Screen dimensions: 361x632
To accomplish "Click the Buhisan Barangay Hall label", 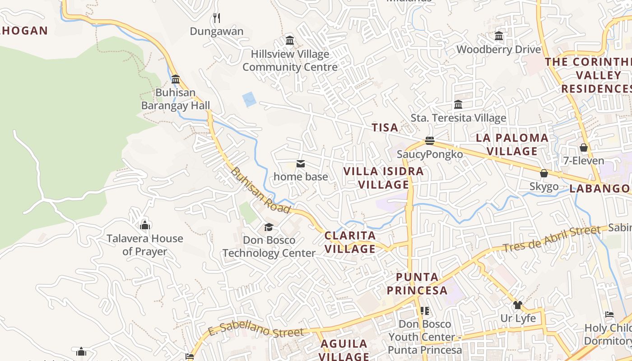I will click(x=176, y=99).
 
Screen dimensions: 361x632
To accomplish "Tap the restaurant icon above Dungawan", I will click(x=217, y=18).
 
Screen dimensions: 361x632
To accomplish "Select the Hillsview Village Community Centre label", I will click(x=290, y=60).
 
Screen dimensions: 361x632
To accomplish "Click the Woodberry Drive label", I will click(x=498, y=49).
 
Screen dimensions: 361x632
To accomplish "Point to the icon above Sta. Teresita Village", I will click(x=458, y=105).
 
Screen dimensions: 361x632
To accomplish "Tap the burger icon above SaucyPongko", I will click(x=429, y=141).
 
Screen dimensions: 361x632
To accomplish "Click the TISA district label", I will click(x=385, y=128).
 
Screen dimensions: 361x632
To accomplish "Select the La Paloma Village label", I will click(x=512, y=144).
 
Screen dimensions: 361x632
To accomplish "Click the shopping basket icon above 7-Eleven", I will click(x=583, y=148).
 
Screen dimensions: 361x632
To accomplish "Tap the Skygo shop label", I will click(x=544, y=186).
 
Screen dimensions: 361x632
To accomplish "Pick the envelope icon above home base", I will click(x=300, y=163).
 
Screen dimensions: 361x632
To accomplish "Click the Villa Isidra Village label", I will click(x=384, y=178).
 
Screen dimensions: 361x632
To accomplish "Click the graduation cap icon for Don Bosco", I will click(x=269, y=227).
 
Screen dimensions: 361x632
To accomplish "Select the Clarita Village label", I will click(x=350, y=242).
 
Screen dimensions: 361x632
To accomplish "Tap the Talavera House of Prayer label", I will click(x=145, y=245).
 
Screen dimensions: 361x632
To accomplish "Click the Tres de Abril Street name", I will click(x=552, y=239).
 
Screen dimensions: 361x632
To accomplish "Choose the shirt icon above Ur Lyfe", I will click(x=517, y=305).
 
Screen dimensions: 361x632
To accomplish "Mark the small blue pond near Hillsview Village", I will click(x=249, y=99).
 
